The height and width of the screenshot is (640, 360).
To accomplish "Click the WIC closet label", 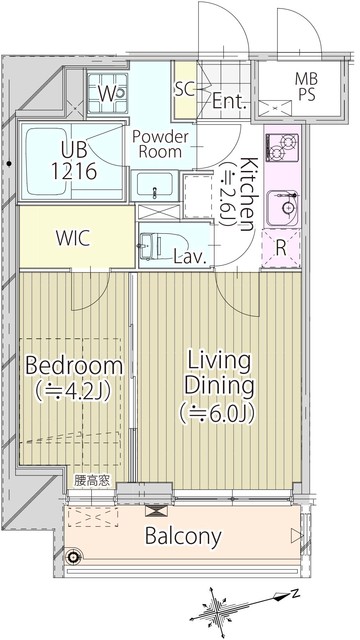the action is click(73, 238).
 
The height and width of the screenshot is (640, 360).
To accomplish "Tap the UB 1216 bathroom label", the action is click(74, 160).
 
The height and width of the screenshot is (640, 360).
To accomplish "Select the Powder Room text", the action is click(160, 144).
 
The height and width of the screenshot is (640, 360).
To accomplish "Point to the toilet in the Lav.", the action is click(152, 246).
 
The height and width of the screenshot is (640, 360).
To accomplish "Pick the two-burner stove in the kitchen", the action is click(282, 147).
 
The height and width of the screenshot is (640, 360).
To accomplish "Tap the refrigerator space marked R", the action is click(281, 249).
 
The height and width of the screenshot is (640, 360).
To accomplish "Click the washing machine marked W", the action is click(108, 94).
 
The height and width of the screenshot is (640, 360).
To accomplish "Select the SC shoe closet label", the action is click(185, 90).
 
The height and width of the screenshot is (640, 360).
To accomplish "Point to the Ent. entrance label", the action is click(230, 101).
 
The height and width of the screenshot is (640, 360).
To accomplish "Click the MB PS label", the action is click(306, 87).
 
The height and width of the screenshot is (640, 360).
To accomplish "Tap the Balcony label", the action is click(183, 536).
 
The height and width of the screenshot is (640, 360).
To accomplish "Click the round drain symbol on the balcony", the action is click(73, 556).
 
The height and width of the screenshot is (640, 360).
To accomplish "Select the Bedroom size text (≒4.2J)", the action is click(73, 393).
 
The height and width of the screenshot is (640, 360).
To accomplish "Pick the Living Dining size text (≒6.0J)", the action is click(218, 413).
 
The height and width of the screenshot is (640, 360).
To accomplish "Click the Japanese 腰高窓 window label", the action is click(92, 481).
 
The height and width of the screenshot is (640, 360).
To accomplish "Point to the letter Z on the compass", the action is click(296, 593).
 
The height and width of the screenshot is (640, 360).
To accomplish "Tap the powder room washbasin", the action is click(154, 185).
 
